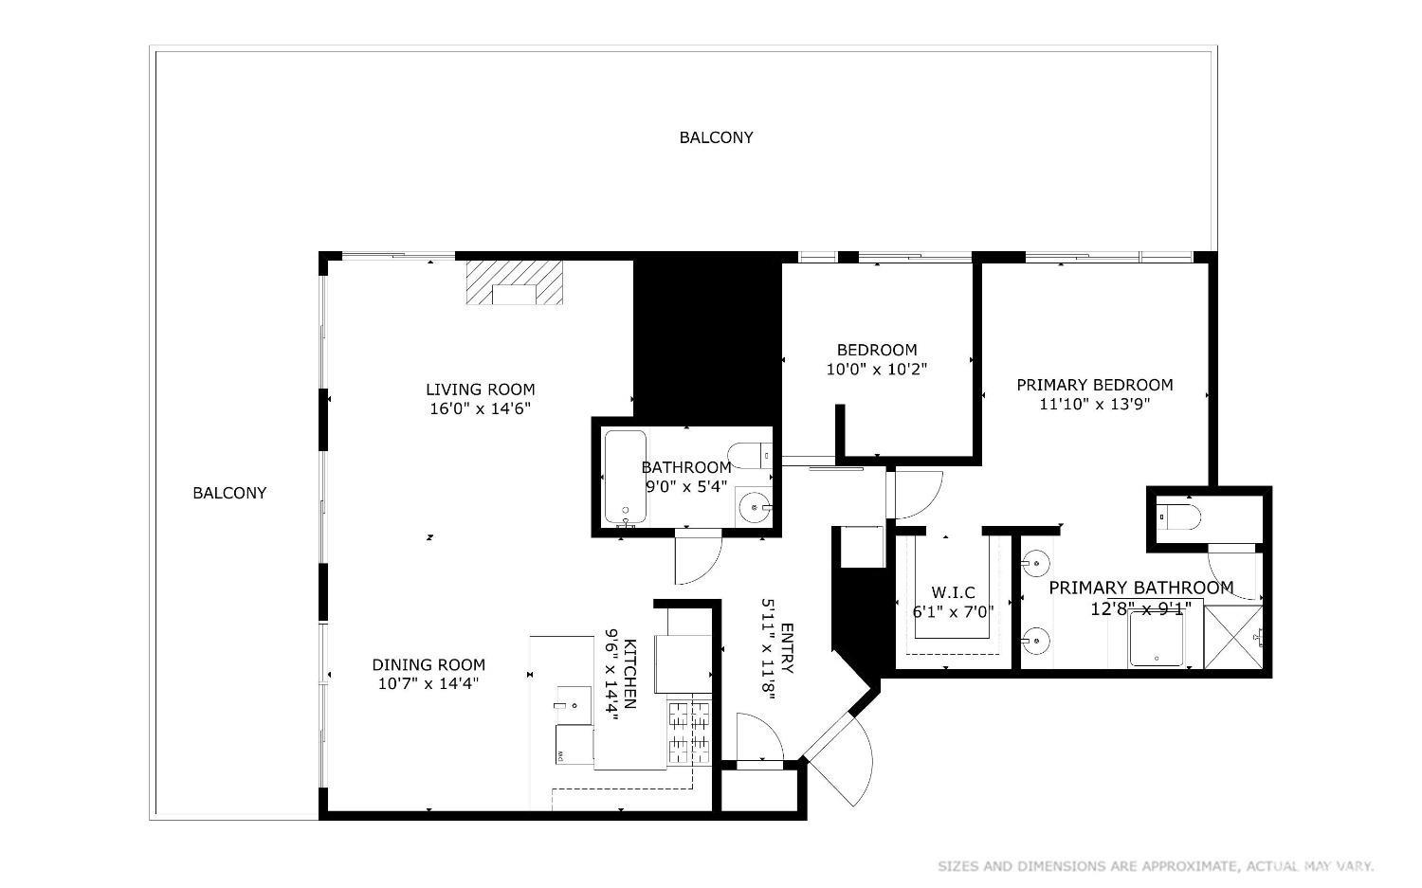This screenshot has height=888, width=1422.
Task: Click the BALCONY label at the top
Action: (716, 137)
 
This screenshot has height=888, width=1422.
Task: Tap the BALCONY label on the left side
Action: (229, 493)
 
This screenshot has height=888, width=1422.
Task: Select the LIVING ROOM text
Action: (480, 390)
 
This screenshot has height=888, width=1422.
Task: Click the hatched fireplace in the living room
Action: (515, 282)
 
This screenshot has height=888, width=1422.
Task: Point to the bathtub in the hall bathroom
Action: (625, 478)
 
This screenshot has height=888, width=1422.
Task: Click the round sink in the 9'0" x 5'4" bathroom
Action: (756, 507)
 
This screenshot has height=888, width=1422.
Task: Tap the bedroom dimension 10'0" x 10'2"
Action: (876, 370)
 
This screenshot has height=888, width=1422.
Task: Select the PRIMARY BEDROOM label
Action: (1094, 385)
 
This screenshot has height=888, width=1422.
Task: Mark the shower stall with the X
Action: (1233, 636)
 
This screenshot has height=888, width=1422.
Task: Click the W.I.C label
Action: (953, 593)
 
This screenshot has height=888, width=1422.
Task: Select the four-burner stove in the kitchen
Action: (690, 733)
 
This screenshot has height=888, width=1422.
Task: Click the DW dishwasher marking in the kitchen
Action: (559, 755)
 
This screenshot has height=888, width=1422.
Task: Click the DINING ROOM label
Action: (428, 665)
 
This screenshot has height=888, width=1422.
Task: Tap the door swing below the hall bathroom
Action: (694, 560)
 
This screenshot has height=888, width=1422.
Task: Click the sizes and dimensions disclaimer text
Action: (1156, 866)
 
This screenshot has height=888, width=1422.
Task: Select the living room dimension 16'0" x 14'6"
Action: (480, 409)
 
